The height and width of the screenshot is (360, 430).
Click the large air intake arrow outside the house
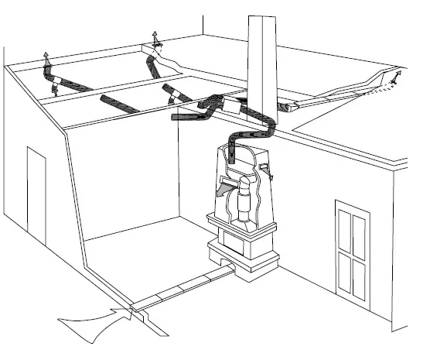(93, 318)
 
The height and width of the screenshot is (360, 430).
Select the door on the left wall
(36, 194)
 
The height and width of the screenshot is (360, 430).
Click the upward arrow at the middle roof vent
(155, 37)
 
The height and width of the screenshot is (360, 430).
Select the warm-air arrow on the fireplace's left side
(222, 188)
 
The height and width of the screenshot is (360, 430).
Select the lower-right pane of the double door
(359, 275)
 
